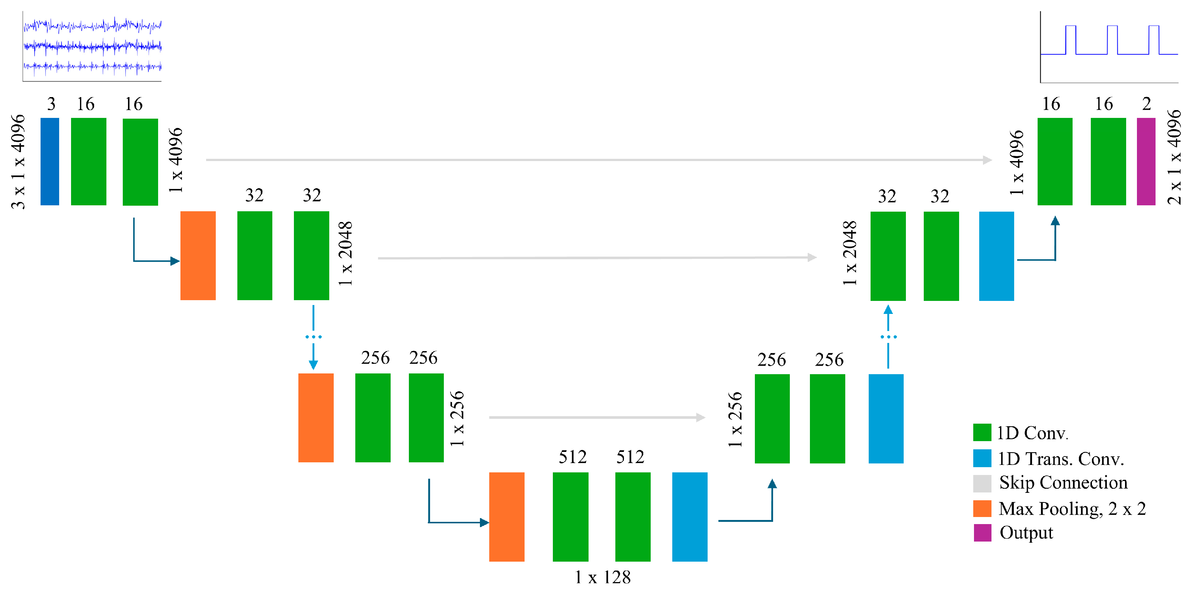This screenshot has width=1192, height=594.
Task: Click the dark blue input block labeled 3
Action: (x=50, y=161)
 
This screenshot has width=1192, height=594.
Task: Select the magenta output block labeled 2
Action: (x=1146, y=161)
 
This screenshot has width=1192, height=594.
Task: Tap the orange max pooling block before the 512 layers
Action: (x=507, y=517)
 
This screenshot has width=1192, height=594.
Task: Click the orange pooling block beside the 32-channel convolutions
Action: (x=198, y=256)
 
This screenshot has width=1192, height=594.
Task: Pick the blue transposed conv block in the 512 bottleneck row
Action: (x=689, y=517)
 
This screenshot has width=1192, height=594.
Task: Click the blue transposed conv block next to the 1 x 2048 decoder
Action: (x=996, y=256)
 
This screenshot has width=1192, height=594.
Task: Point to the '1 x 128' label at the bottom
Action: (x=602, y=577)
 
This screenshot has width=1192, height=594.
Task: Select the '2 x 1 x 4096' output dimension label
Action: (x=1174, y=157)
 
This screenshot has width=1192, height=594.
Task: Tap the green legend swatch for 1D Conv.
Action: (x=982, y=433)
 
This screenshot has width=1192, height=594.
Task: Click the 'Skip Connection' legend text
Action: (x=1063, y=482)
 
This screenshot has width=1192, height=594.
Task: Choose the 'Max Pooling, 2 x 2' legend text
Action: (x=1072, y=508)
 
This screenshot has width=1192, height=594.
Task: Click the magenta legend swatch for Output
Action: (x=982, y=533)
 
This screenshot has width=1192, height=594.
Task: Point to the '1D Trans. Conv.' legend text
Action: (x=1061, y=459)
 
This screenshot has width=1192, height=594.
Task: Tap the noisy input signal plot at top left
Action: (x=92, y=46)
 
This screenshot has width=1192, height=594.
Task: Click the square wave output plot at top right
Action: (x=1109, y=47)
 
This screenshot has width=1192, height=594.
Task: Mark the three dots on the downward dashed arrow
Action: (x=313, y=337)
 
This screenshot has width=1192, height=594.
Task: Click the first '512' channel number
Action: (x=573, y=457)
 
